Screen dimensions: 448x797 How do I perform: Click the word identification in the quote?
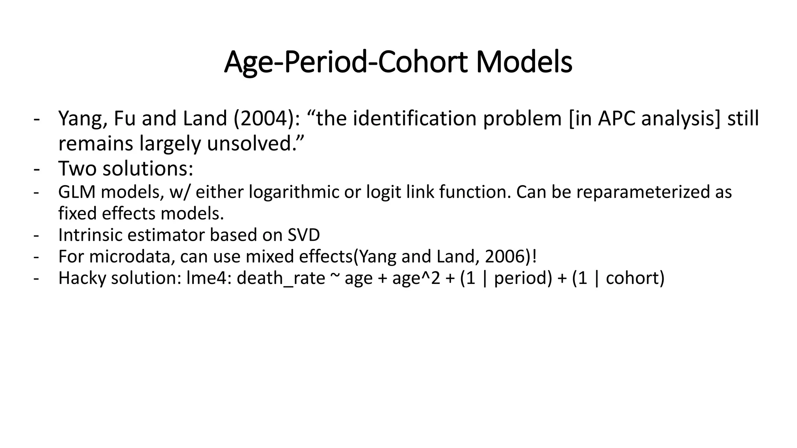414,119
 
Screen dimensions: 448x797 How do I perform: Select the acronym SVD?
304,235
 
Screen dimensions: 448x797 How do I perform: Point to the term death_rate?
281,278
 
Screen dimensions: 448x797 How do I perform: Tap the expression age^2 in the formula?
416,278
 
